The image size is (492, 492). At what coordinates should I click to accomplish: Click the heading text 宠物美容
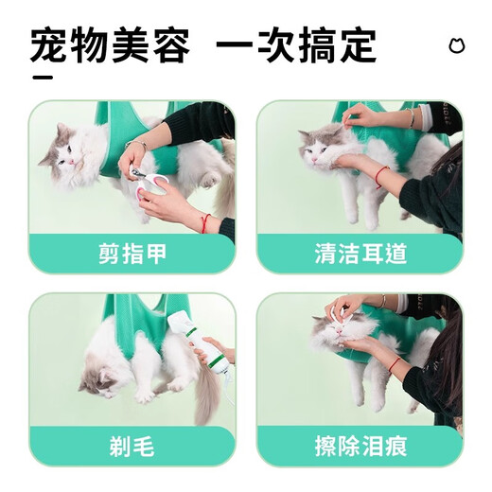[x=111, y=44]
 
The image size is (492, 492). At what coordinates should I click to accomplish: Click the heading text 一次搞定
[x=296, y=44]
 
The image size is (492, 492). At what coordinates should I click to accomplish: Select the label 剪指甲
[x=132, y=254]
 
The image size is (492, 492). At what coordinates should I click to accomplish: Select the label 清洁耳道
[x=360, y=254]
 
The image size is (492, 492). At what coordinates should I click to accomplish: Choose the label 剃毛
[x=132, y=445]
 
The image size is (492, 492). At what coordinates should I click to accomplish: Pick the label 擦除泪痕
[x=360, y=445]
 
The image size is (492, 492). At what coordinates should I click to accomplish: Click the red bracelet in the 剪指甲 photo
[x=206, y=223]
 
